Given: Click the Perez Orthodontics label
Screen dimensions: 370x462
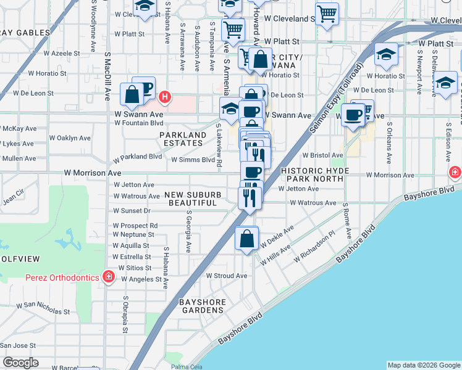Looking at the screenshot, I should (x=62, y=277).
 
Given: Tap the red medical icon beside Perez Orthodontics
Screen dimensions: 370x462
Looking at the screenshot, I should (x=109, y=276).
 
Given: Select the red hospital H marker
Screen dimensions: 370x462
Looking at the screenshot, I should (x=164, y=97).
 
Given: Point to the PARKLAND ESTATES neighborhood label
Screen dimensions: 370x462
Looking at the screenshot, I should (x=183, y=139).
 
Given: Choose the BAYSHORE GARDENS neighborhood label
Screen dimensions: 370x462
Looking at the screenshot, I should (x=201, y=306).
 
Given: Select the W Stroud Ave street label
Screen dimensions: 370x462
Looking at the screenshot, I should (x=226, y=276).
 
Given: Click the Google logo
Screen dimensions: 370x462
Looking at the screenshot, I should (x=20, y=363).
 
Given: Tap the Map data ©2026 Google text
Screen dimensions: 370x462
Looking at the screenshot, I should (x=424, y=365).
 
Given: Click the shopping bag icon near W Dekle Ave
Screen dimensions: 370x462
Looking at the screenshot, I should (x=246, y=239).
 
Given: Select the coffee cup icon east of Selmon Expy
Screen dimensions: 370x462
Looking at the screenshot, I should (x=353, y=115).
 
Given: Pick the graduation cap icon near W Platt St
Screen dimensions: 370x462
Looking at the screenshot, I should (x=386, y=55).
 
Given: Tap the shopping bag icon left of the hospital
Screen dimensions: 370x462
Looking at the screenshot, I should (x=132, y=94).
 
